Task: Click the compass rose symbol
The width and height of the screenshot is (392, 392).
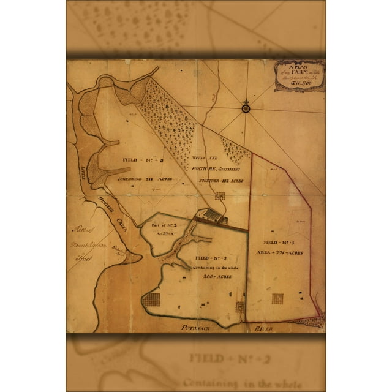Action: (x=246, y=108)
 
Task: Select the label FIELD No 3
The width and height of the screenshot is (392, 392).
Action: (x=141, y=161)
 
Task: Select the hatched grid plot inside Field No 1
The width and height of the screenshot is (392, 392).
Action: (x=277, y=298)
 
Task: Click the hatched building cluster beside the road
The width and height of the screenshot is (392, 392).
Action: (x=211, y=214)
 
